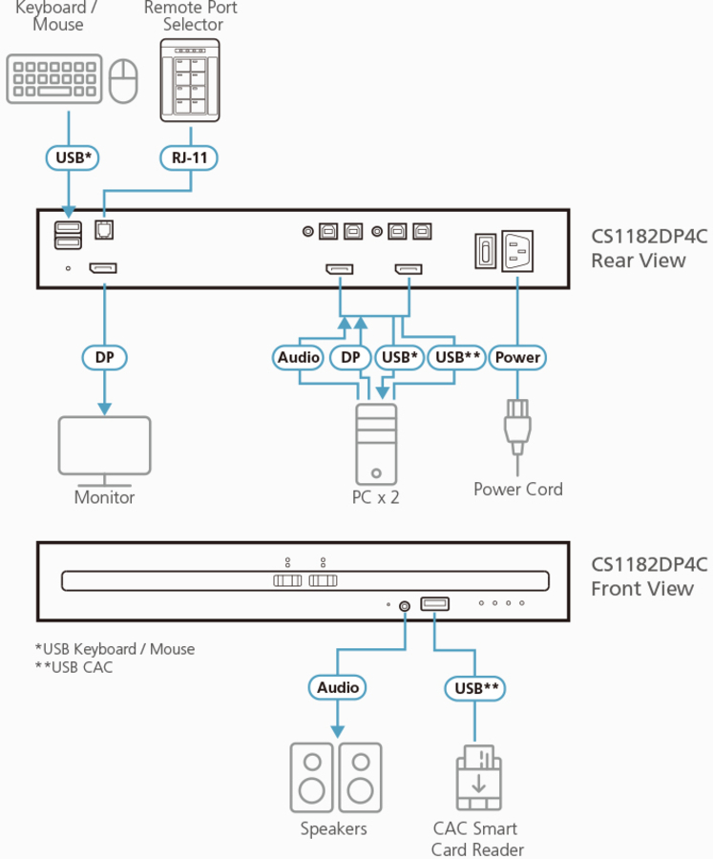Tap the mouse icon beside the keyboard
click(123, 80)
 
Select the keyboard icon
click(54, 79)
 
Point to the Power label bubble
click(518, 358)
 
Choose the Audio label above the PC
click(299, 358)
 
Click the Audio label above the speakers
click(338, 687)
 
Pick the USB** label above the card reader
click(474, 687)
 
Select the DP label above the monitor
click(104, 358)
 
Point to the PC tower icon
click(376, 444)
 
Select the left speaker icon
click(312, 777)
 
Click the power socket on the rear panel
click(516, 253)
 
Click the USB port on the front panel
click(434, 603)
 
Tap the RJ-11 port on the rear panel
click(103, 230)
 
